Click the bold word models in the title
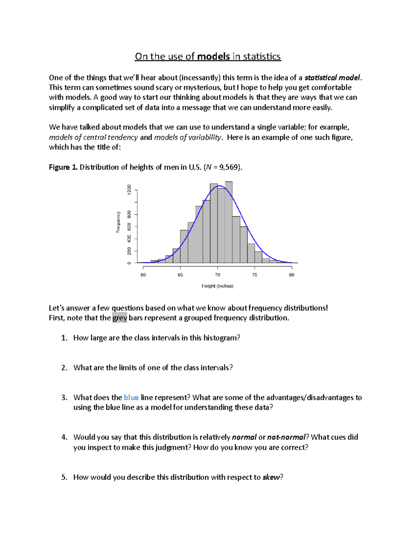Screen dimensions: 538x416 [x=213, y=56]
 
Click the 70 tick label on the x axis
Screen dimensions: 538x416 [x=217, y=275]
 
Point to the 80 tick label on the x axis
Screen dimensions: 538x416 [x=292, y=275]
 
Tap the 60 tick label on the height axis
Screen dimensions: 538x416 [x=143, y=275]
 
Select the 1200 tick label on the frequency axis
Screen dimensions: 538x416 [x=129, y=189]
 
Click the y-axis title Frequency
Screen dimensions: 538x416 [x=118, y=222]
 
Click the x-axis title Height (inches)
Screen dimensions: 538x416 [x=217, y=286]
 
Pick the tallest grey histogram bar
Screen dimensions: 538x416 [x=228, y=222]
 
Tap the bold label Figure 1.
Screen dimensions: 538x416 [x=63, y=167]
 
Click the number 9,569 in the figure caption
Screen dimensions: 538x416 [x=228, y=167]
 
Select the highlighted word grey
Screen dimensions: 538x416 [x=120, y=318]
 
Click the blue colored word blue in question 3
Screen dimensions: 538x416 [x=131, y=398]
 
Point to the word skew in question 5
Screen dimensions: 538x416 [x=271, y=477]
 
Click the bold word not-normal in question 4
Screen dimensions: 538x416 [x=286, y=437]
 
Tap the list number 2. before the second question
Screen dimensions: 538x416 [x=64, y=368]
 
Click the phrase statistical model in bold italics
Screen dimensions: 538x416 [x=332, y=78]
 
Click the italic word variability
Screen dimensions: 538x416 [x=204, y=137]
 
